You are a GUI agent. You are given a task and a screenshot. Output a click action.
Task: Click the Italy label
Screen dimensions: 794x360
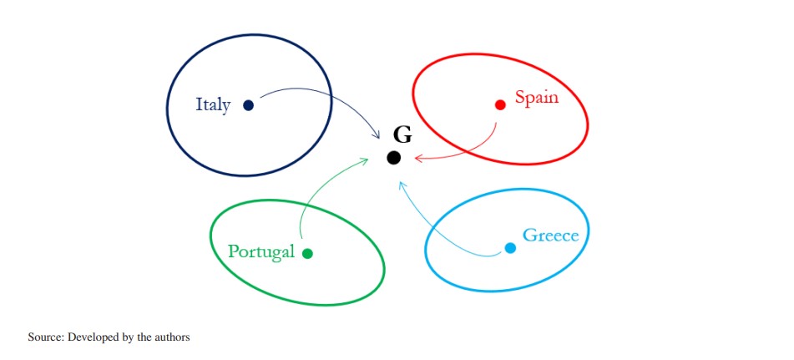click(213, 105)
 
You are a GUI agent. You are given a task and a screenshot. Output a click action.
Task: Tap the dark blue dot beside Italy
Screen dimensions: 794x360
click(248, 105)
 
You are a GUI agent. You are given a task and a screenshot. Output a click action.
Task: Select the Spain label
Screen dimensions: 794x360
click(537, 98)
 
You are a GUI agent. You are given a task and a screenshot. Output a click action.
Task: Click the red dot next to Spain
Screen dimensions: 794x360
click(500, 104)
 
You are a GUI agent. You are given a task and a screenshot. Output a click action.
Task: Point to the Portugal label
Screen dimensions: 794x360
click(261, 251)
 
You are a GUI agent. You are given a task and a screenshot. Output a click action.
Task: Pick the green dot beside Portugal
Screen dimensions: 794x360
click(307, 254)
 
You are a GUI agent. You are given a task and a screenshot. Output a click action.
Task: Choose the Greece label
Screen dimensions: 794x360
click(550, 236)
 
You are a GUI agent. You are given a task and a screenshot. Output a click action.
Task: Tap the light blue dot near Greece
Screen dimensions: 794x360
click(510, 248)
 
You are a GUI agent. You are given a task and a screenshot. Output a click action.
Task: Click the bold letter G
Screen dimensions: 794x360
click(402, 134)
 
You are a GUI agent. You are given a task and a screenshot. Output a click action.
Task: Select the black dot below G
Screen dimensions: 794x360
click(393, 158)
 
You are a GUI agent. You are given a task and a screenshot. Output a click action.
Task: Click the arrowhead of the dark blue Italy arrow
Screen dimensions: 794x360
click(377, 135)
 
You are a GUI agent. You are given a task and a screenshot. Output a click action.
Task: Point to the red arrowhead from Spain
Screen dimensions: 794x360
click(417, 157)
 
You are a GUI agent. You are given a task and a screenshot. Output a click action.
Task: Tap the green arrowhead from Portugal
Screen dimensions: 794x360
click(365, 160)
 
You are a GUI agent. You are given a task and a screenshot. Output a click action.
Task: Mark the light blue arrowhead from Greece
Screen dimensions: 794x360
click(402, 185)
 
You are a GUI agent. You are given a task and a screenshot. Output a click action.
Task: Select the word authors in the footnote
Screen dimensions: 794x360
click(173, 337)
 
